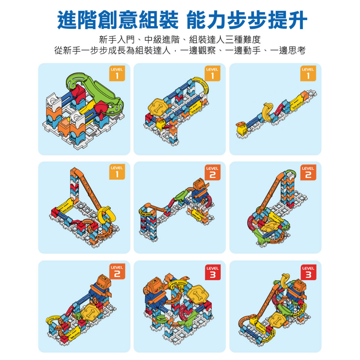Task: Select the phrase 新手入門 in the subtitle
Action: coord(117,40)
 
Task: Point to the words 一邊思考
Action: coord(288,50)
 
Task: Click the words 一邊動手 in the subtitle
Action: coord(243,50)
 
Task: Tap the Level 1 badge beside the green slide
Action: coord(117,73)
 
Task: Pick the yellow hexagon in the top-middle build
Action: coord(157,107)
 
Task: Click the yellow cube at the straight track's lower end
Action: coord(242,130)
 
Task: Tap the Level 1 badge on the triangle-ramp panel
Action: coord(117,172)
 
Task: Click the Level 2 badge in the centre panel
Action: coord(213,172)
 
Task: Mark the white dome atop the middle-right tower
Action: coord(291,174)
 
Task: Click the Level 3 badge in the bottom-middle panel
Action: coord(213,272)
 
